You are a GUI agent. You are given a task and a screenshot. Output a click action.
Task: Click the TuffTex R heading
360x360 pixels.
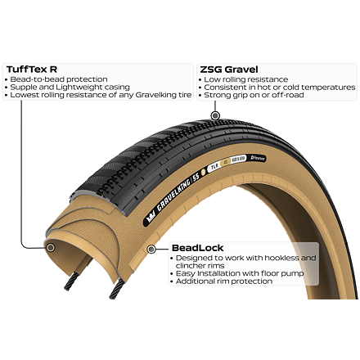tap(32, 70)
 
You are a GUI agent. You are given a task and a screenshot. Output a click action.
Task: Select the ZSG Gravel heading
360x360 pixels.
tap(229, 70)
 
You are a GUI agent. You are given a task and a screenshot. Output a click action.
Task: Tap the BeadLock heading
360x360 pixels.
tap(198, 248)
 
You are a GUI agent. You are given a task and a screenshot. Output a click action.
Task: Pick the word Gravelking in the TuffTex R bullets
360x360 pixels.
tap(155, 95)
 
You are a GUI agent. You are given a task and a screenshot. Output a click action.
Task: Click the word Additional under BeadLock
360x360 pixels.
tap(194, 281)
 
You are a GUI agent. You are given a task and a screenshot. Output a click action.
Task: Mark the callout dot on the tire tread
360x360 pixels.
tap(215, 115)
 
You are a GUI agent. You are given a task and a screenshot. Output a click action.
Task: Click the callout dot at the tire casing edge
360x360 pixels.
tap(51, 248)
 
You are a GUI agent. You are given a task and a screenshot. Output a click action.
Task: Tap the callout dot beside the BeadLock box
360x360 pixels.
tap(151, 249)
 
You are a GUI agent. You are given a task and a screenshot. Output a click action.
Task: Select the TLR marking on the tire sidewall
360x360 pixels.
tap(214, 167)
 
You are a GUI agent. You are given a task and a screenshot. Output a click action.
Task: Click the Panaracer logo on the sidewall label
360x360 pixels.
tap(258, 158)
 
